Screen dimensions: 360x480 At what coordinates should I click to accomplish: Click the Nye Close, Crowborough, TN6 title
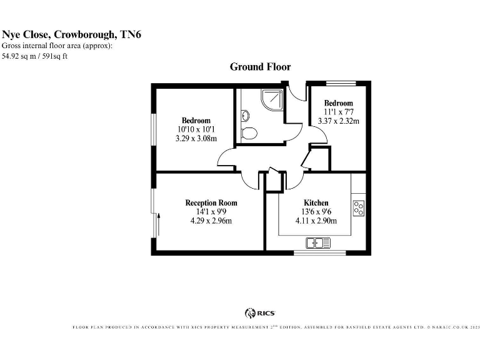71,35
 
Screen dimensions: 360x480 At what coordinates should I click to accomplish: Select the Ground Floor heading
260,67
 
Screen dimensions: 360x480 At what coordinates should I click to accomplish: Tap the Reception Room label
211,203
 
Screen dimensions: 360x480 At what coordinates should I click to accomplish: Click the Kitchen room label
316,203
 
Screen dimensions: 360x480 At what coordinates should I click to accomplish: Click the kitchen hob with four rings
359,207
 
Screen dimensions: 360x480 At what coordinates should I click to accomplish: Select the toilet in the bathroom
249,133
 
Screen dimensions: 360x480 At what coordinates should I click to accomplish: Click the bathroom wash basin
244,116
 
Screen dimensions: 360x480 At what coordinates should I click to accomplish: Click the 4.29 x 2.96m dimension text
211,221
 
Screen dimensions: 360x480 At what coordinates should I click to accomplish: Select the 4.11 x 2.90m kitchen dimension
316,221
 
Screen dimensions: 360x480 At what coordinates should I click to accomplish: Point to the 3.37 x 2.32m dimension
338,121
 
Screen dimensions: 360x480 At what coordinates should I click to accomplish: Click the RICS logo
260,313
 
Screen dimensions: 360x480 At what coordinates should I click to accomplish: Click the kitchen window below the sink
319,252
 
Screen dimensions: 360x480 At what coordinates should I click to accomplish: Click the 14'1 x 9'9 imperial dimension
211,212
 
